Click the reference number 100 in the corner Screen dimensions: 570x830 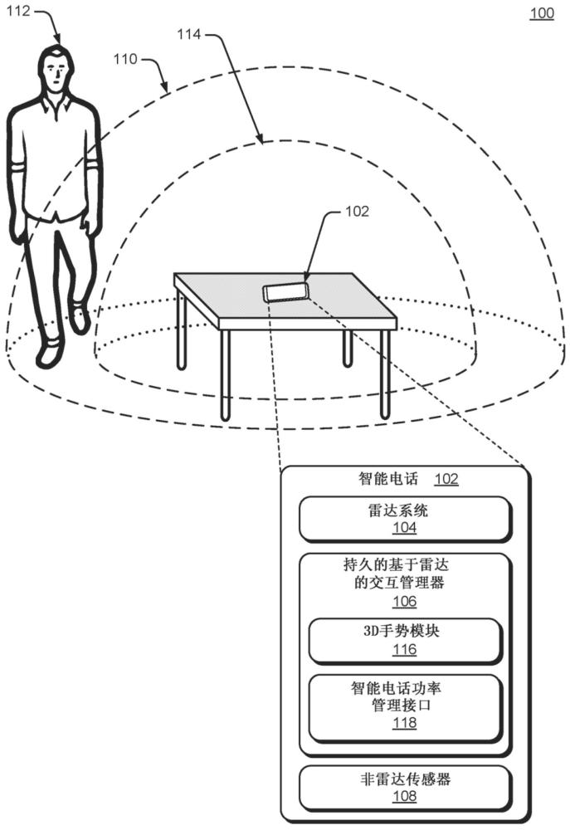pyautogui.click(x=542, y=12)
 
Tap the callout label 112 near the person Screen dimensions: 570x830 pyautogui.click(x=17, y=10)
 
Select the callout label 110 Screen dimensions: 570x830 pyautogui.click(x=125, y=58)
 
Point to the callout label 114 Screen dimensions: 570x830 pyautogui.click(x=189, y=34)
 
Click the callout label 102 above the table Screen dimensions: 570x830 pyautogui.click(x=357, y=211)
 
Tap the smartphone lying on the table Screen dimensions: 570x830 pyautogui.click(x=285, y=291)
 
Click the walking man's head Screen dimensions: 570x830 pyautogui.click(x=56, y=68)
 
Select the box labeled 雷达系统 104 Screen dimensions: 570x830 pyautogui.click(x=406, y=519)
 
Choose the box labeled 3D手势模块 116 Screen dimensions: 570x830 pyautogui.click(x=405, y=641)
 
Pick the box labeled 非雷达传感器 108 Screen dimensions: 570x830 pyautogui.click(x=406, y=788)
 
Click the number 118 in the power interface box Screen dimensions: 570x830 pyautogui.click(x=404, y=723)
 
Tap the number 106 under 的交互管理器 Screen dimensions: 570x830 pyautogui.click(x=404, y=601)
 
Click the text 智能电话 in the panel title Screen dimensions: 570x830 pyautogui.click(x=388, y=479)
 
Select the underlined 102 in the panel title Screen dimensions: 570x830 pyautogui.click(x=446, y=479)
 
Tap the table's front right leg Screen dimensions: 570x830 pyautogui.click(x=385, y=373)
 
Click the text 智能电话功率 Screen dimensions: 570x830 pyautogui.click(x=396, y=688)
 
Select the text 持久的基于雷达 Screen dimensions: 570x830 pyautogui.click(x=396, y=564)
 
